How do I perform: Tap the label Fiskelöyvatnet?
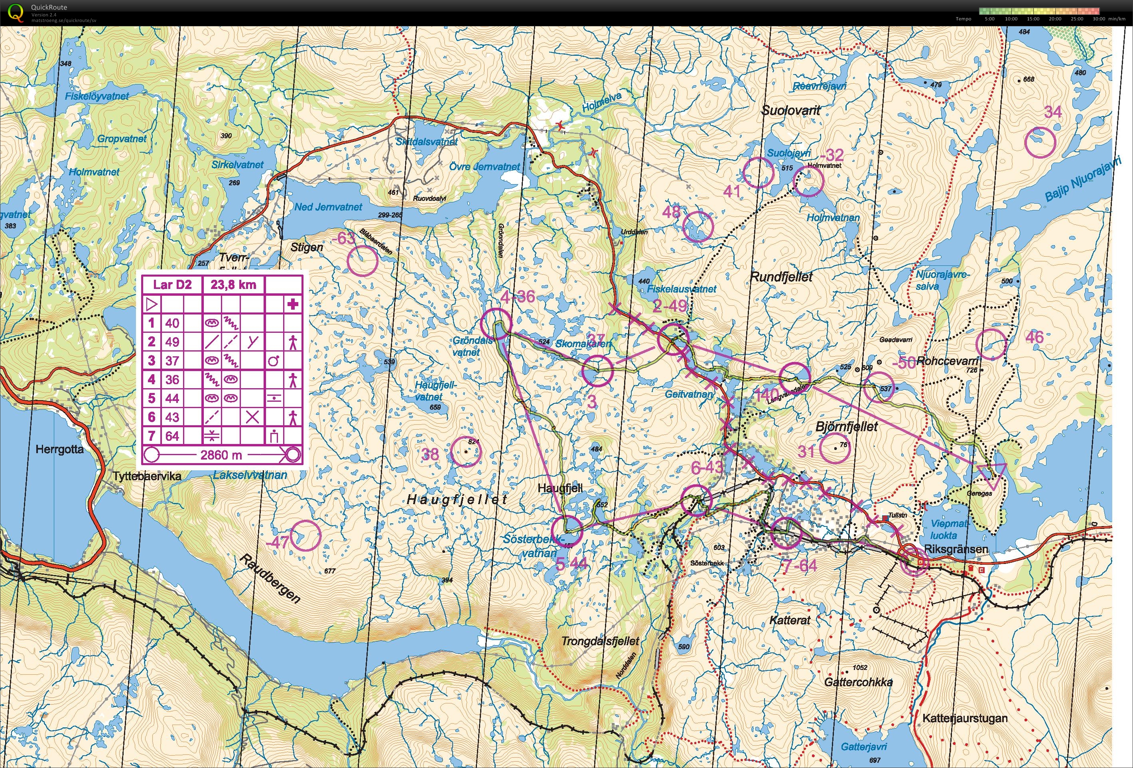tap(97, 96)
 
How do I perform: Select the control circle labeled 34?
tap(1040, 142)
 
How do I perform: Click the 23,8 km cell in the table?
tap(233, 285)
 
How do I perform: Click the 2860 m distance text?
tap(221, 455)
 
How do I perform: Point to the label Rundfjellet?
tap(781, 277)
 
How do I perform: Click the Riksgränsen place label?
tap(956, 549)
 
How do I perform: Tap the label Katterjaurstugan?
tap(964, 718)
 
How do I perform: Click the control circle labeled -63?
tap(363, 261)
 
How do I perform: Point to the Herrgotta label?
tap(59, 449)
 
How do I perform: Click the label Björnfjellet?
tap(846, 427)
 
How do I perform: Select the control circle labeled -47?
tap(305, 536)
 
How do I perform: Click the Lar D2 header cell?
tap(172, 285)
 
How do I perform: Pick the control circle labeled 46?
tap(991, 344)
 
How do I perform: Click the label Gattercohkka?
tap(858, 682)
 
